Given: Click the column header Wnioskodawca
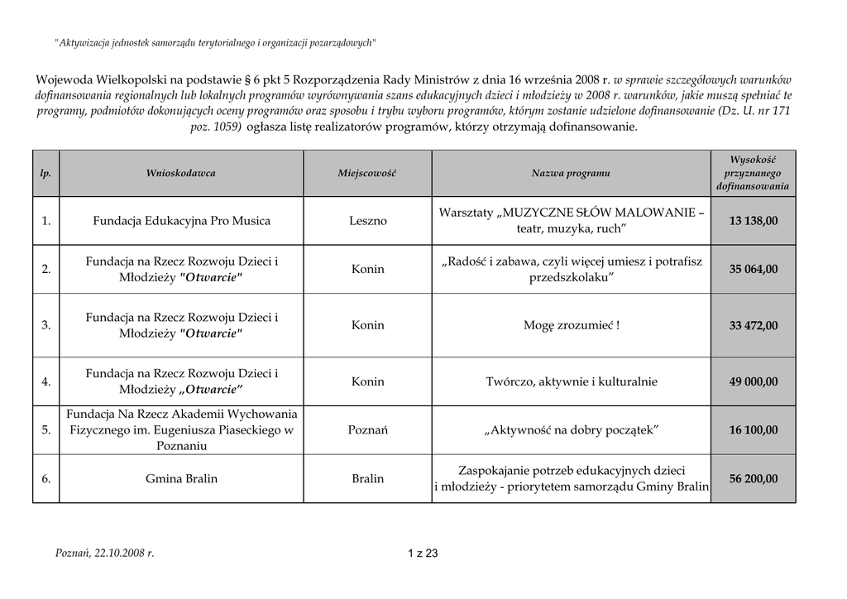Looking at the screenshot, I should [181, 174].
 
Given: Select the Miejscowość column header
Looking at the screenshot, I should [367, 174].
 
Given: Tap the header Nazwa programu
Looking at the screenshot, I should [571, 174].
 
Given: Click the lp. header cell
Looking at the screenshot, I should [46, 174].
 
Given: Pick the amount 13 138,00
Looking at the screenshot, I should [753, 221].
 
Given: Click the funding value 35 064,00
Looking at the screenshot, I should [753, 269].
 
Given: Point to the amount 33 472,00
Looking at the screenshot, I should [753, 325].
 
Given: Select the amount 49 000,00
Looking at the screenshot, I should [753, 381].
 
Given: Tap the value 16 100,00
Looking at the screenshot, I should [753, 429].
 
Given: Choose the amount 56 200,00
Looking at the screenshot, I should [753, 478].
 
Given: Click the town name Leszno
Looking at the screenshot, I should [367, 221].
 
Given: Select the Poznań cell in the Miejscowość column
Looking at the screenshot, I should [367, 429].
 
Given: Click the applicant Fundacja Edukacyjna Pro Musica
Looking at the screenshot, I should [181, 221].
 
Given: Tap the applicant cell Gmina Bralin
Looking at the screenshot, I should [181, 478].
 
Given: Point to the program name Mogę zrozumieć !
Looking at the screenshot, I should [571, 325].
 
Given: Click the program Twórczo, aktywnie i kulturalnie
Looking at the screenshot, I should [571, 381].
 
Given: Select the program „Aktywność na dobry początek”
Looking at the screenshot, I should [571, 429].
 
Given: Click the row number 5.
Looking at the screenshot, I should [46, 429].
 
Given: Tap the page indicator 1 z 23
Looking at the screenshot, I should [423, 553].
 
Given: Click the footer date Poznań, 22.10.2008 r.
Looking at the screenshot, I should [104, 553].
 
